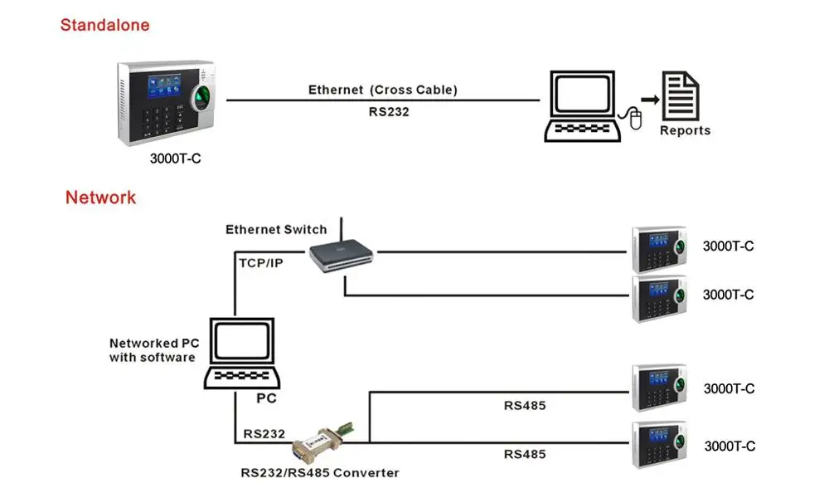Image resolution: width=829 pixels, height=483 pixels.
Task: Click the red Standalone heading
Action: [104, 25]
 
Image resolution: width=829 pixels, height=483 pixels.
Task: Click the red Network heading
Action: [100, 198]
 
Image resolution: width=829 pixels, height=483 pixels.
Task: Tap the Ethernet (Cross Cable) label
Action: [382, 90]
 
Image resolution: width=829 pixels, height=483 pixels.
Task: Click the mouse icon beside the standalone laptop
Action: [636, 119]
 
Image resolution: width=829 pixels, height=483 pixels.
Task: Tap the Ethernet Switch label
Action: [276, 229]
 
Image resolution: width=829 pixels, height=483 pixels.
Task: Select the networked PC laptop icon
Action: [239, 354]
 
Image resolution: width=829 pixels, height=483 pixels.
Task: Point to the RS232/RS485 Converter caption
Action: [319, 473]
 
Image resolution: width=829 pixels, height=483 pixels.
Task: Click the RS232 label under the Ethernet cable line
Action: [389, 110]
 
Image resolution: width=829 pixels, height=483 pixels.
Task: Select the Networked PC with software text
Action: [152, 350]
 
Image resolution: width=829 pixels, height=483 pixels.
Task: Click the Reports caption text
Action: [685, 130]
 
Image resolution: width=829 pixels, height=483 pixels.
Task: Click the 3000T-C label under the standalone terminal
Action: [175, 159]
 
